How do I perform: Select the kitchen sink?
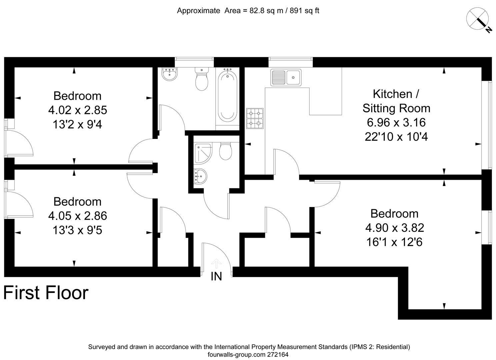pyautogui.click(x=286, y=77)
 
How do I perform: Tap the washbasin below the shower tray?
pyautogui.click(x=200, y=176)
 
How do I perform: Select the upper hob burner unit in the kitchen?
pyautogui.click(x=255, y=113)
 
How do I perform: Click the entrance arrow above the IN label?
pyautogui.click(x=216, y=264)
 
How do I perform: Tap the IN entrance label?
pyautogui.click(x=216, y=276)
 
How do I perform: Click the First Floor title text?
pyautogui.click(x=46, y=293)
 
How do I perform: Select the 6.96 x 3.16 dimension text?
pyautogui.click(x=396, y=122)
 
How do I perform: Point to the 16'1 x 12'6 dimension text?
pyautogui.click(x=394, y=242)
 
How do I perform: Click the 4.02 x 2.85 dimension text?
pyautogui.click(x=77, y=110)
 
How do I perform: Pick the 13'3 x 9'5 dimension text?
pyautogui.click(x=77, y=230)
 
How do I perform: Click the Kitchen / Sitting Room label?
pyautogui.click(x=396, y=101)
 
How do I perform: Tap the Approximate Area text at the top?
pyautogui.click(x=248, y=11)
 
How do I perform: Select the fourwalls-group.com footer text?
pyautogui.click(x=248, y=355)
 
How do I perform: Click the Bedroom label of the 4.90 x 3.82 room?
pyautogui.click(x=394, y=213)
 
